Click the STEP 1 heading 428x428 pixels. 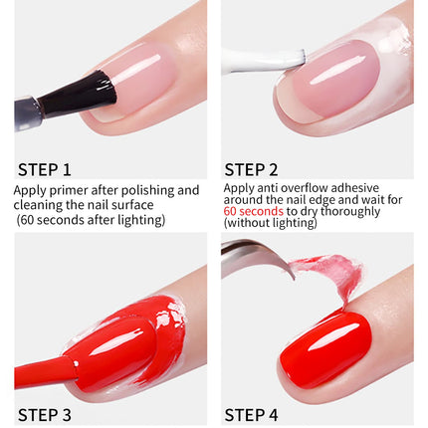[45, 169]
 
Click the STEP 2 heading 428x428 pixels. [251, 169]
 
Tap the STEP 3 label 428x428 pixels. [45, 415]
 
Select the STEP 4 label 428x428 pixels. [251, 415]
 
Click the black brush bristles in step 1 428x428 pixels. [78, 94]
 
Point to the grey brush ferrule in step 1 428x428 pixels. [28, 112]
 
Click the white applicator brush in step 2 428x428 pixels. [263, 61]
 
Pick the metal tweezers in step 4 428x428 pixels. [256, 256]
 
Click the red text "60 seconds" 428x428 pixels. [253, 211]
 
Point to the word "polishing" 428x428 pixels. [147, 191]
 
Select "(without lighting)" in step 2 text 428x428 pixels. [271, 223]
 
